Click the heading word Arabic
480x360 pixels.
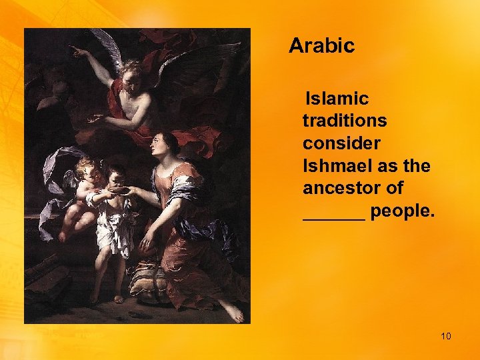[321, 46]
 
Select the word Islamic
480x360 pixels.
[336, 99]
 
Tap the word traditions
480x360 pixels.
[344, 121]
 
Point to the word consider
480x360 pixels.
[341, 144]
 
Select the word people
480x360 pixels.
[402, 212]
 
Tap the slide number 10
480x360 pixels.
[445, 335]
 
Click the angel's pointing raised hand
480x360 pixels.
[78, 51]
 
